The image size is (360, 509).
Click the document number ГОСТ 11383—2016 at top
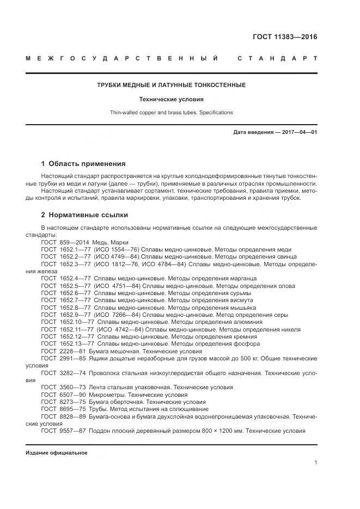coord(284,38)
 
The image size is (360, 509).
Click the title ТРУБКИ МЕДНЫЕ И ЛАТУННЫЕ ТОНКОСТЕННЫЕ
coord(171,85)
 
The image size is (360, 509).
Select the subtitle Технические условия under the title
coord(171,100)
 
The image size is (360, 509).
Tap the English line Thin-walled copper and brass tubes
coord(171,113)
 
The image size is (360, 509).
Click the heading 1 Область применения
coord(83,163)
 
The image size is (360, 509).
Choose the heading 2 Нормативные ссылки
coord(84,215)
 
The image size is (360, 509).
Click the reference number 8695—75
coord(73,409)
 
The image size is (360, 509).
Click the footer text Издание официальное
coord(56,453)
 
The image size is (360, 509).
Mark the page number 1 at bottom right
coord(316,463)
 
